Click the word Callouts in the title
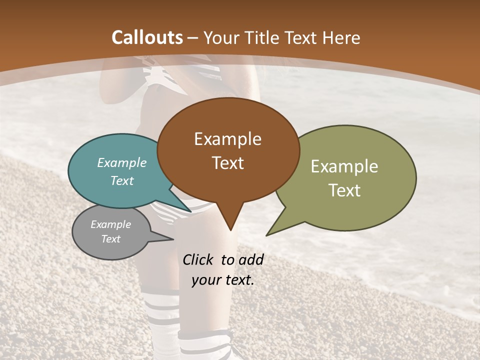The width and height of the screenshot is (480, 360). (147, 37)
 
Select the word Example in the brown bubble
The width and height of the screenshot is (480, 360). (227, 139)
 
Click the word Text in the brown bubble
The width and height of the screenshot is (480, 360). (228, 163)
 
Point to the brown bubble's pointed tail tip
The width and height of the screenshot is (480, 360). (230, 230)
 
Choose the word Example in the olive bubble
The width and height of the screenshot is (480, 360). (344, 166)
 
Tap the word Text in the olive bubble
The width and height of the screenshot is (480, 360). (345, 190)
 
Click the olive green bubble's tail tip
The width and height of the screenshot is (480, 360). (267, 235)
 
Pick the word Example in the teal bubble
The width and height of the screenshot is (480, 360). (122, 162)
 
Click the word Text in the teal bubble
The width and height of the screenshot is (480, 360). (122, 180)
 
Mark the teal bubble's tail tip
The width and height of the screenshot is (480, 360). (190, 211)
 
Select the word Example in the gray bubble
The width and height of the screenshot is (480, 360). (110, 224)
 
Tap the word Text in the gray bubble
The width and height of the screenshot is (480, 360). (110, 239)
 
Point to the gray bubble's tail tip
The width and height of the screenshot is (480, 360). (173, 239)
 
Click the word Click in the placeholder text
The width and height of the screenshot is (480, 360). (198, 259)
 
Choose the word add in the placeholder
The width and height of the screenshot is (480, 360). (251, 259)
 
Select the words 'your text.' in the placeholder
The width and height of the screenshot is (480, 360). (223, 280)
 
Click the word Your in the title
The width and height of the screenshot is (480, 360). (220, 37)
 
